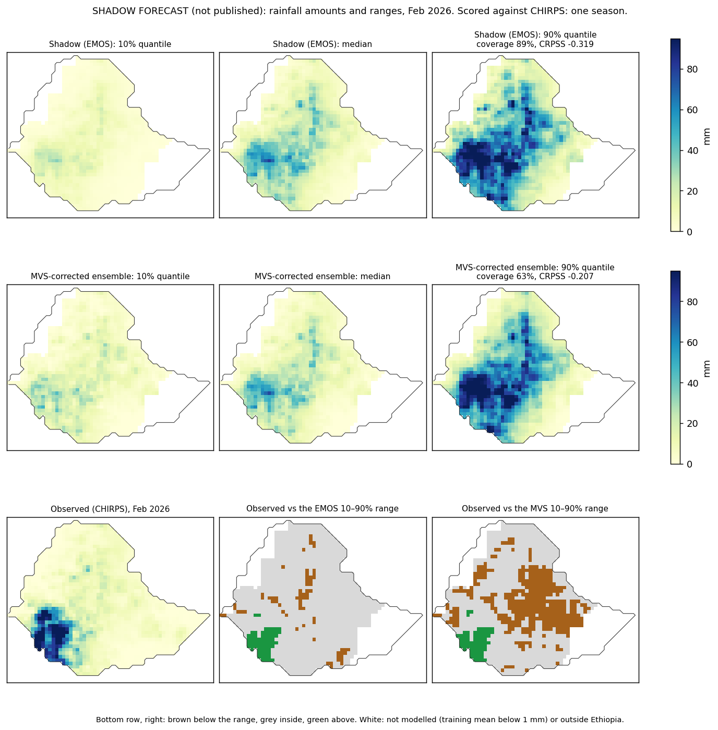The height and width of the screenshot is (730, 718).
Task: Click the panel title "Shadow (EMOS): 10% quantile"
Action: click(110, 44)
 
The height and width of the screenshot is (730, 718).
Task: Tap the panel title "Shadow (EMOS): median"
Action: click(322, 44)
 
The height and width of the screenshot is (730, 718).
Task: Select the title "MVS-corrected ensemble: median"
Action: click(322, 277)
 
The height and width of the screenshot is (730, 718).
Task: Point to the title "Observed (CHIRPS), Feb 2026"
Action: click(110, 509)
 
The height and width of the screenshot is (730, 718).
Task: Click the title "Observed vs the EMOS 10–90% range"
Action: click(322, 509)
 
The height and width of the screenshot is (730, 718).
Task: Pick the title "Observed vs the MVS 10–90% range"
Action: click(535, 509)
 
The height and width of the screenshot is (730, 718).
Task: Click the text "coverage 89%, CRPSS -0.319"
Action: click(535, 44)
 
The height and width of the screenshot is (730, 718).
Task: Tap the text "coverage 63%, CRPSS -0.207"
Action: click(535, 277)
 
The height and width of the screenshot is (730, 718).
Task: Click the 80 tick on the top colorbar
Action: click(692, 69)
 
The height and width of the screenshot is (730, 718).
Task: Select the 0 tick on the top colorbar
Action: click(690, 232)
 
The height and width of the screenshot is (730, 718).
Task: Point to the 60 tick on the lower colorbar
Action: click(692, 342)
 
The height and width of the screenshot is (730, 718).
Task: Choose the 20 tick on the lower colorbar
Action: click(692, 424)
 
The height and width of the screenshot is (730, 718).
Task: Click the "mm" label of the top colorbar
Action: click(707, 137)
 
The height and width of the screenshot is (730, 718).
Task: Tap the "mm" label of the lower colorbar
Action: click(707, 369)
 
